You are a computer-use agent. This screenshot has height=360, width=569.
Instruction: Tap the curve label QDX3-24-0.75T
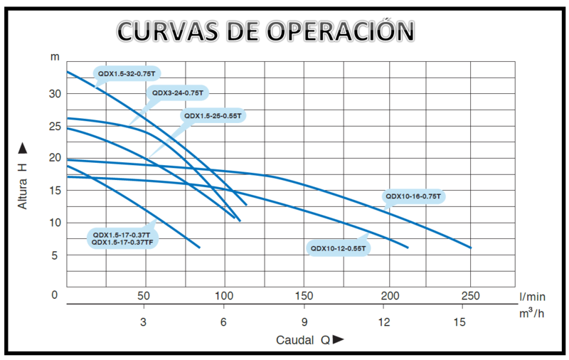(177, 92)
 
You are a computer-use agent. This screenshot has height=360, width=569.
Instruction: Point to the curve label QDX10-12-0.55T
(337, 248)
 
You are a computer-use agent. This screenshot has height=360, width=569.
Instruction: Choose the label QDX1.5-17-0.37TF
(123, 243)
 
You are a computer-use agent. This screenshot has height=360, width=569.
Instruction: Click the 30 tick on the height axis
(55, 94)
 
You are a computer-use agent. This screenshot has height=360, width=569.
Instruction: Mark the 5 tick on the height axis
(55, 255)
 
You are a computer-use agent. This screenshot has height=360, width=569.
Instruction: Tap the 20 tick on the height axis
(55, 158)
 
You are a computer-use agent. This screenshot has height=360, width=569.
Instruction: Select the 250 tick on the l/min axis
(470, 296)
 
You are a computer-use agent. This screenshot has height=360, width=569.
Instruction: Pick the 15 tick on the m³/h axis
(460, 322)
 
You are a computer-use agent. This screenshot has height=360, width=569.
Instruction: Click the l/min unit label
(532, 296)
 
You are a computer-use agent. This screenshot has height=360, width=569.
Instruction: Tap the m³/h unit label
(533, 314)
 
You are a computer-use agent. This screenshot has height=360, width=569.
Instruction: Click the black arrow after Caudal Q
(339, 339)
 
